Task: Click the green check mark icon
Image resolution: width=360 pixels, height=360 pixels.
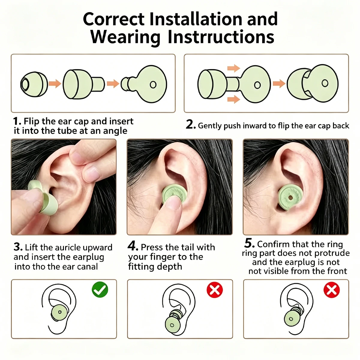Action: (100, 289)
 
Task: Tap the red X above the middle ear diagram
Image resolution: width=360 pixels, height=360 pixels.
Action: (214, 290)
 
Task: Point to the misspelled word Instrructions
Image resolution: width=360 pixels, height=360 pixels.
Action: (221, 37)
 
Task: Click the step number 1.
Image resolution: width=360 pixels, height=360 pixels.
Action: (17, 121)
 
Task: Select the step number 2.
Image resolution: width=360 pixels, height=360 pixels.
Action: (191, 124)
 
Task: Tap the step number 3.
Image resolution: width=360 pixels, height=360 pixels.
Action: (18, 247)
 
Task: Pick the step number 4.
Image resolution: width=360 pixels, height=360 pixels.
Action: (133, 246)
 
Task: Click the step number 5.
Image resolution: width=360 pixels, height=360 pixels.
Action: (249, 243)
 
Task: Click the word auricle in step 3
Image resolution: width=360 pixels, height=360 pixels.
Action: (68, 247)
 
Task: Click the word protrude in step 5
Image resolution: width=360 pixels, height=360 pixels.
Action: (332, 253)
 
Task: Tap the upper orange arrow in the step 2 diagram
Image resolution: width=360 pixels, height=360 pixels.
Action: (233, 68)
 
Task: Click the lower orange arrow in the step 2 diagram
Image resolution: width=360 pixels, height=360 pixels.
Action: (233, 99)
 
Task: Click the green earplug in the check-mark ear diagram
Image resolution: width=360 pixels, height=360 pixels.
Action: (59, 312)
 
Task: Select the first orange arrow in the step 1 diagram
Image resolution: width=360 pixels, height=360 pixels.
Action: (55, 83)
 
